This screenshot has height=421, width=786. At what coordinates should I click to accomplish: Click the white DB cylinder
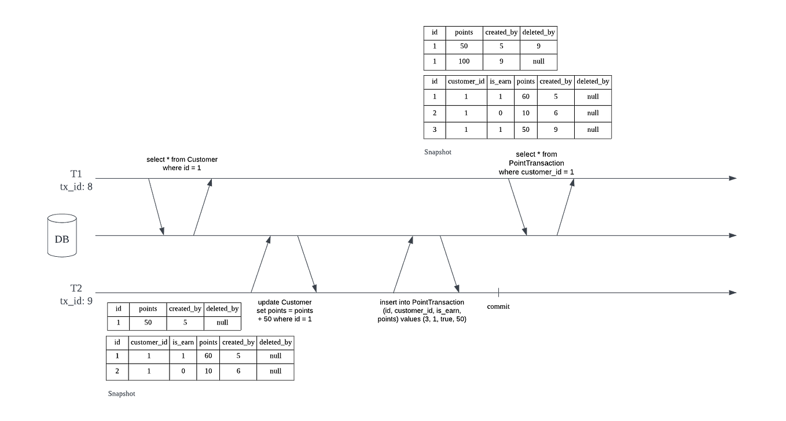point(61,236)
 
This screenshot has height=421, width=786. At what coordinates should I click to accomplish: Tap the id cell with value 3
point(434,130)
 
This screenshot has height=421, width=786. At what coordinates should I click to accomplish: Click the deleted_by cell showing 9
point(538,46)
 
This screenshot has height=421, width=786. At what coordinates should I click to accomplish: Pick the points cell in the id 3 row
point(526,130)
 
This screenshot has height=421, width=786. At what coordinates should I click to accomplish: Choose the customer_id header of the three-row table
point(466,82)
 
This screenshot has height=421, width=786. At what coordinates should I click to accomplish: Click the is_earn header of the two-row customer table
point(183,342)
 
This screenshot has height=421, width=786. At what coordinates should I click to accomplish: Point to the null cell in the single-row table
point(222,323)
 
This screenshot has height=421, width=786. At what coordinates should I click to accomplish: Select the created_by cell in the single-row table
point(185,323)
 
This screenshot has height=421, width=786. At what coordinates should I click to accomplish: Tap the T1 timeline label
point(76,173)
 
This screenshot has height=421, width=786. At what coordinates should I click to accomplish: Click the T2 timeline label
point(76,287)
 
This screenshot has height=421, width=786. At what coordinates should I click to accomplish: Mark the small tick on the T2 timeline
point(498,293)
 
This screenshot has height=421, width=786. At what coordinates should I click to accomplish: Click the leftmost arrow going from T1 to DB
point(156,207)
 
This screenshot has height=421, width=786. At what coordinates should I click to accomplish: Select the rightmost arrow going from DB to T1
point(564,207)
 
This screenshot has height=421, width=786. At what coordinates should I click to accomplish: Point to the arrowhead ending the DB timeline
point(733,235)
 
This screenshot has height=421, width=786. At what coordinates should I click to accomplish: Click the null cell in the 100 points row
point(538,61)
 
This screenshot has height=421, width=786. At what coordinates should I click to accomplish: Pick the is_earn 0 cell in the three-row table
point(501,113)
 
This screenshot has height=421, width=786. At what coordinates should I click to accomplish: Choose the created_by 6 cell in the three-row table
point(556,113)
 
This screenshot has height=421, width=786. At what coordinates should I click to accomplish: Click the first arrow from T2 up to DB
point(260,264)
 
